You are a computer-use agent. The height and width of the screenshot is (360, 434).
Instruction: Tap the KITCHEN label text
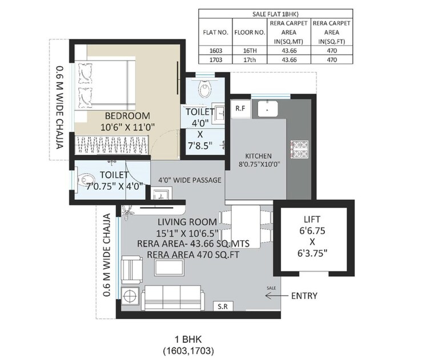(258, 156)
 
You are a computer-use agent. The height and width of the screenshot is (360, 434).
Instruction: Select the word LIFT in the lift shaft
(312, 219)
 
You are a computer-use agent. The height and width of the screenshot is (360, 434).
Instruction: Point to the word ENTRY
(304, 296)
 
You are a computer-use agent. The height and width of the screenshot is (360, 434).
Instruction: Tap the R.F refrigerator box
(240, 108)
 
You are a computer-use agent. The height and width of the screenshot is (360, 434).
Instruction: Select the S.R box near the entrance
(222, 306)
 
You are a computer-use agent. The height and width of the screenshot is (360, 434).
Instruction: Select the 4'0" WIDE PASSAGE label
(190, 180)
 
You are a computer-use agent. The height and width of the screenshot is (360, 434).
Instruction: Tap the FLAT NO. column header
(215, 32)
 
